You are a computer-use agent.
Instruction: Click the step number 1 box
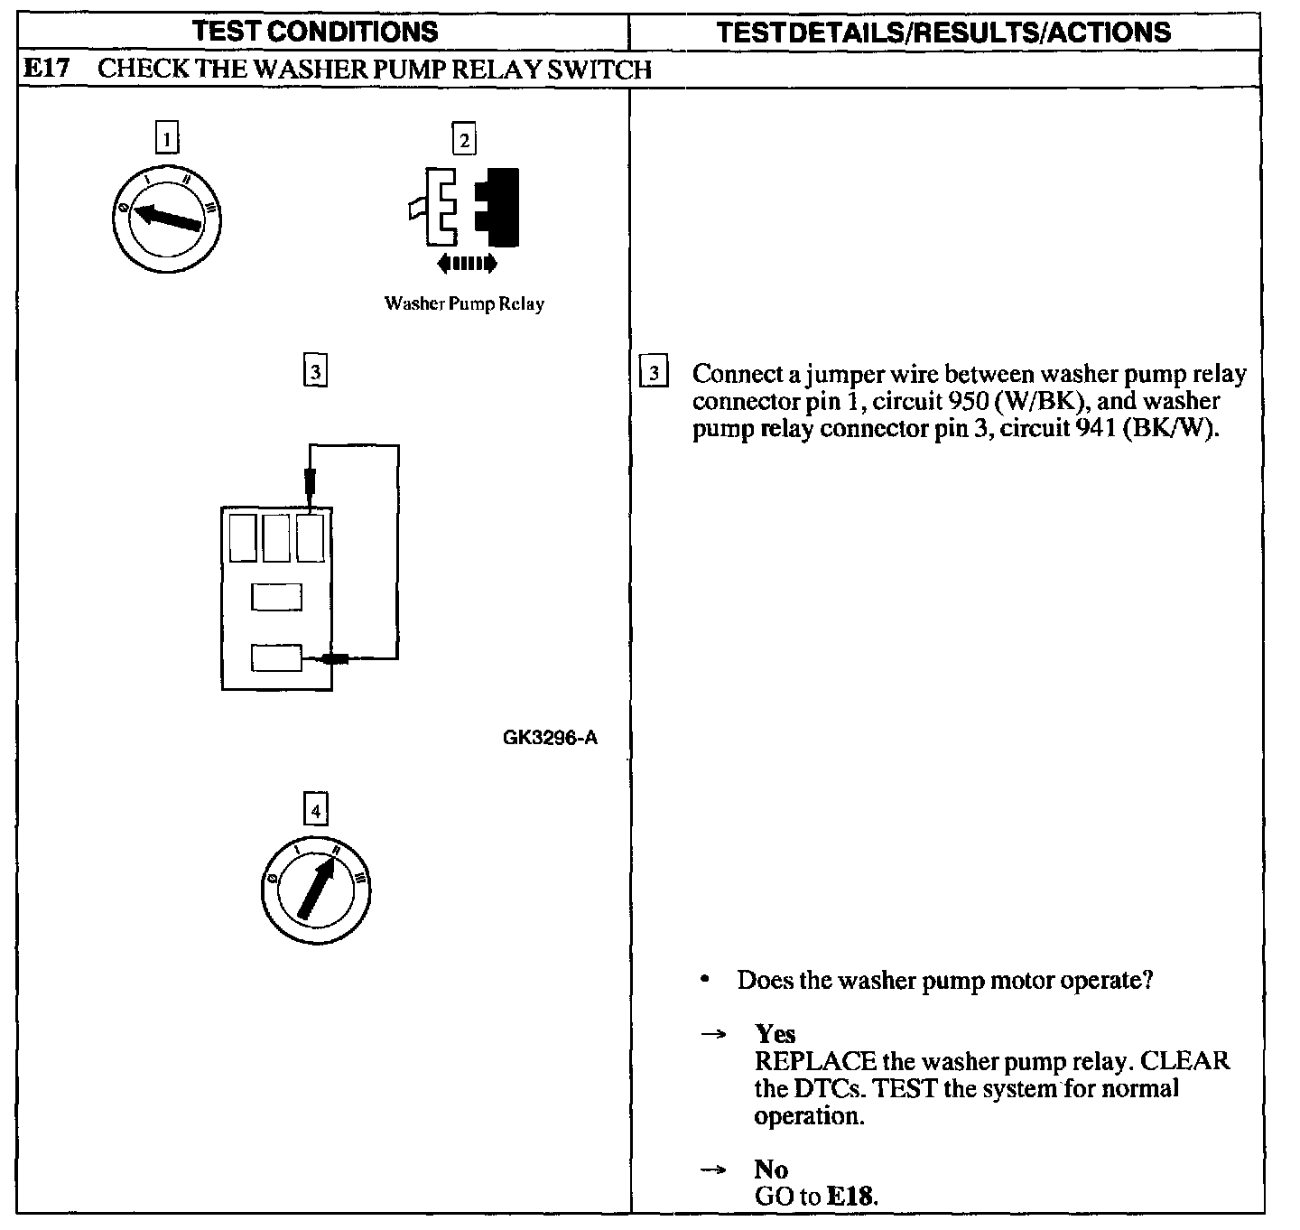click(167, 139)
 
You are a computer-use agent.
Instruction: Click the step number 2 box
click(464, 140)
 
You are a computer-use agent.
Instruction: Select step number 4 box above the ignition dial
click(315, 811)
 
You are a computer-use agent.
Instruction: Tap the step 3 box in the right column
click(653, 374)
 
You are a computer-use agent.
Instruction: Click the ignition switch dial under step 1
click(167, 217)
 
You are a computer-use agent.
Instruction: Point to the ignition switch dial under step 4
click(315, 886)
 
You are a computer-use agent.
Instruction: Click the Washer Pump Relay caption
click(464, 303)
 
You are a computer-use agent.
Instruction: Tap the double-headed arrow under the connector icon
click(466, 264)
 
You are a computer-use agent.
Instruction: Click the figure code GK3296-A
click(550, 738)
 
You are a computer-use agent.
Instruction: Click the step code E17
click(46, 70)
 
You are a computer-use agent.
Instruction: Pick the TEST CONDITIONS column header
click(315, 33)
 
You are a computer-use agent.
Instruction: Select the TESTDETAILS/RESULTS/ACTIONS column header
click(943, 33)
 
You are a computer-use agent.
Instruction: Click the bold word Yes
click(775, 1033)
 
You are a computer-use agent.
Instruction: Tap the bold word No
click(771, 1169)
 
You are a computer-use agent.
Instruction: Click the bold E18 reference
click(850, 1197)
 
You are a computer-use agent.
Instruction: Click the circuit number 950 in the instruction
click(966, 401)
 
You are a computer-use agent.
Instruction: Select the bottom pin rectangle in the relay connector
click(276, 658)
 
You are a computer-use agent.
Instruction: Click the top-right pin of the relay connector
click(311, 538)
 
